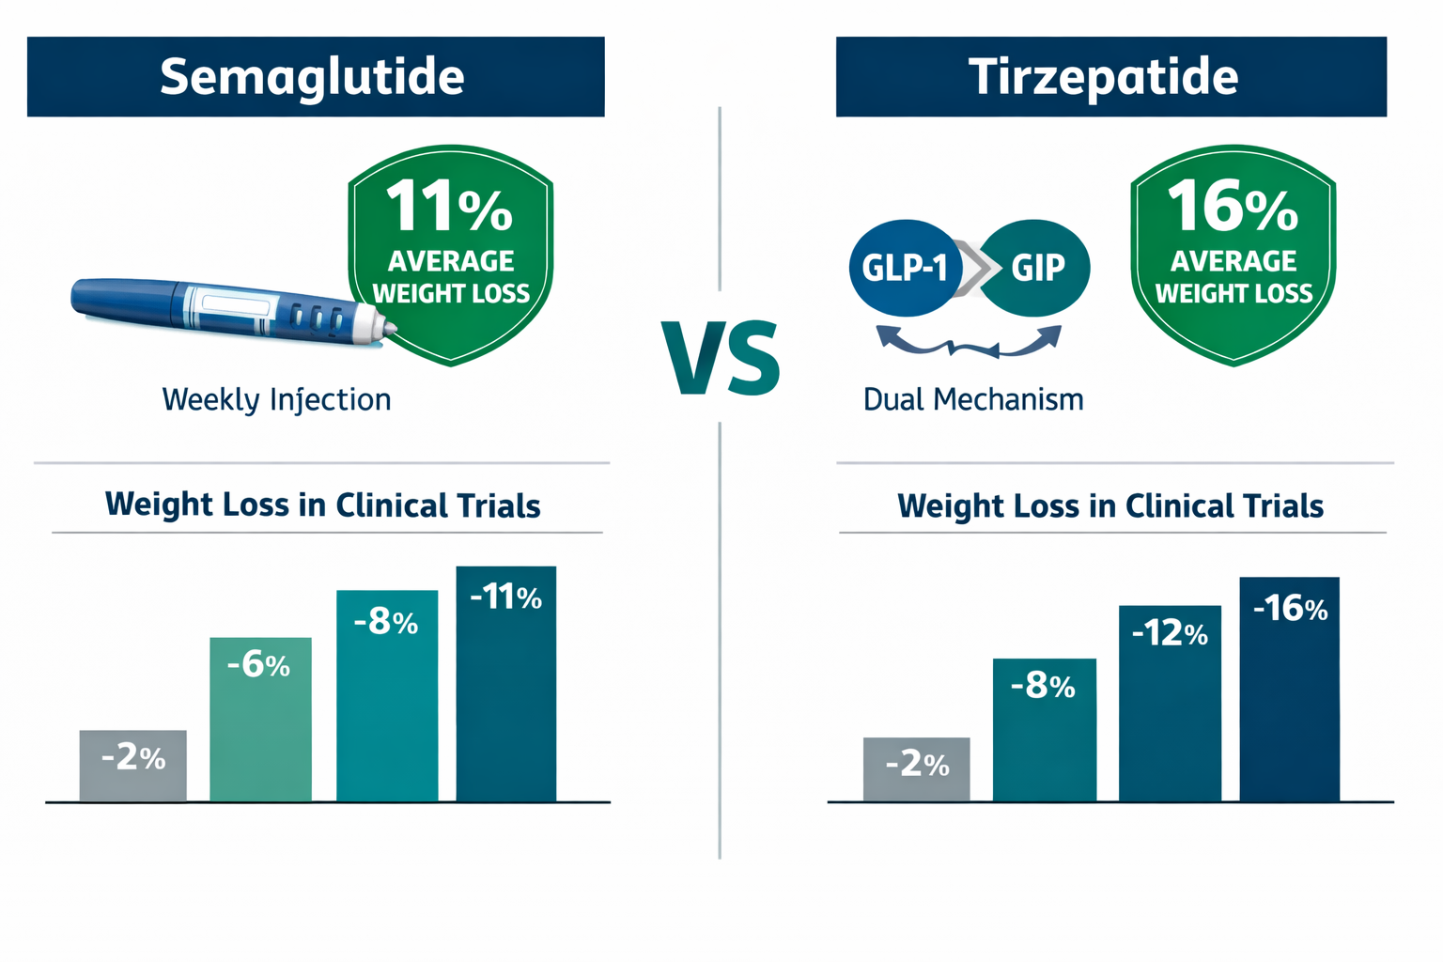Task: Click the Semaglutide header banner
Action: pos(316,77)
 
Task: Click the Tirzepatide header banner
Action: pos(1110,77)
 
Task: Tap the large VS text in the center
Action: pos(721,358)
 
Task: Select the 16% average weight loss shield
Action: pos(1233,254)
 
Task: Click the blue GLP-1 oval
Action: pos(904,269)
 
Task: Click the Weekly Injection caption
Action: pos(276,399)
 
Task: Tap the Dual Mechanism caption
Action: pos(972,399)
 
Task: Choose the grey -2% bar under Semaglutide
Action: pos(132,766)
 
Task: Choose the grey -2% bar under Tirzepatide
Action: pos(916,769)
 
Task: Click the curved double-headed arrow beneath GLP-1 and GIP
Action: pos(969,342)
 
